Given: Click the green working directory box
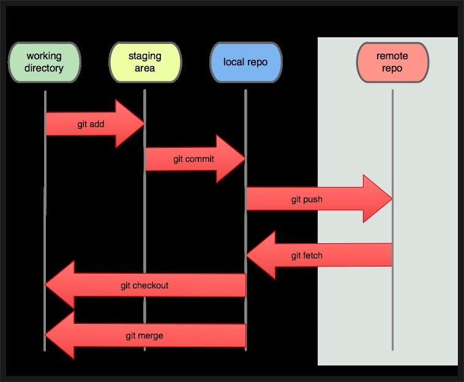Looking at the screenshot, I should tap(44, 62).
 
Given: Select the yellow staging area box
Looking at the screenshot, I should tap(144, 62).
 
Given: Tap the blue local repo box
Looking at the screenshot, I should tap(245, 62).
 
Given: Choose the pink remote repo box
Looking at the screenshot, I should tap(392, 62).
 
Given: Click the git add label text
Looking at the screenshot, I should tap(91, 124).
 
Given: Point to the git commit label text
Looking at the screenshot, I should tap(193, 159).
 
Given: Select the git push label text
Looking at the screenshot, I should tap(307, 199).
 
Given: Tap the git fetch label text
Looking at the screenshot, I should tap(307, 255).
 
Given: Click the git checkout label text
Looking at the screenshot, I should tap(144, 285).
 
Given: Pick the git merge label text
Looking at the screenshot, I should tap(144, 336).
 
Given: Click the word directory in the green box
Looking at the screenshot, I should tap(44, 68).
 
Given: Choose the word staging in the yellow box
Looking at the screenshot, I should tap(144, 56).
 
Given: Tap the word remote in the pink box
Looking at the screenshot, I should tap(392, 56).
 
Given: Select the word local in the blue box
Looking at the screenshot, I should tap(234, 62).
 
